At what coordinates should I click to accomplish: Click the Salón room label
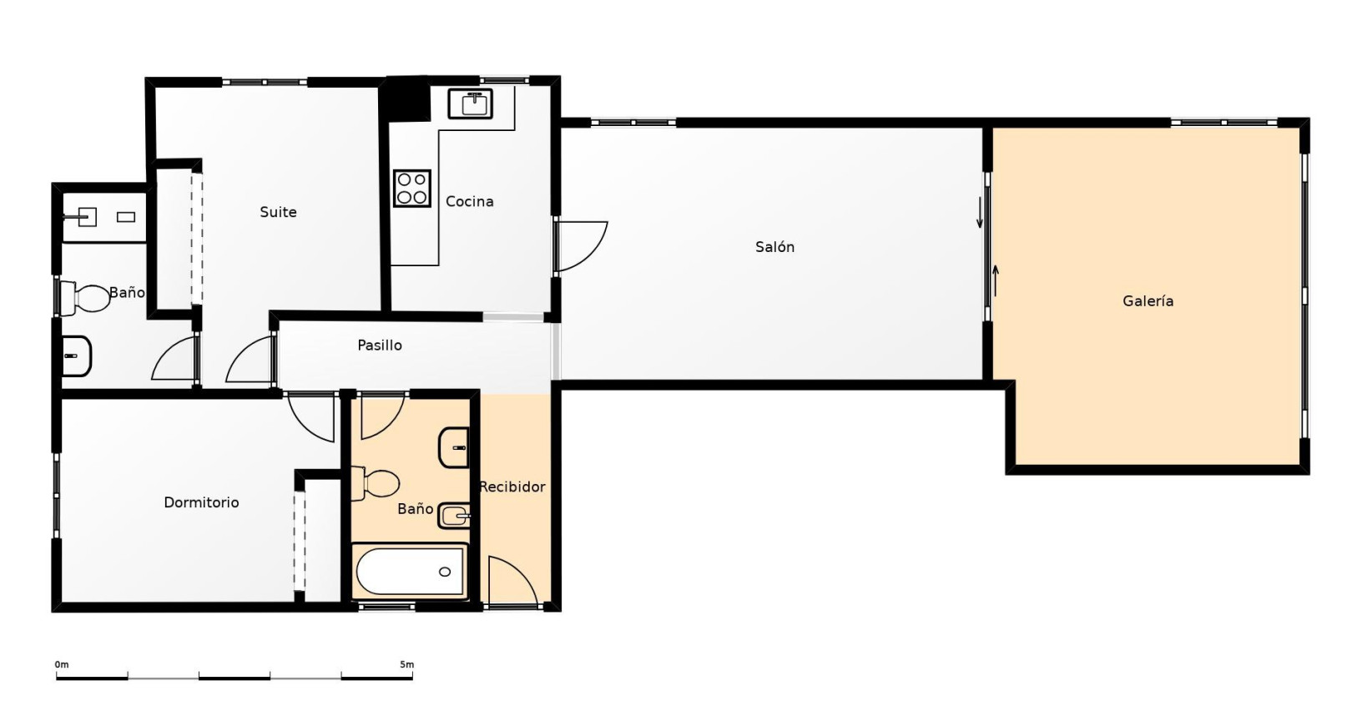pos(774,247)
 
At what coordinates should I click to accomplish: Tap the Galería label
pos(1148,300)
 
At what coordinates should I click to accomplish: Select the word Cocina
pos(469,201)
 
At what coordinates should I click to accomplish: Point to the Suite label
pos(278,212)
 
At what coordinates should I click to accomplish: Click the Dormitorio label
pos(201,502)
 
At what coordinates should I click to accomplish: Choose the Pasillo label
pos(380,345)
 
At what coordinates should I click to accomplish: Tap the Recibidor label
pos(512,487)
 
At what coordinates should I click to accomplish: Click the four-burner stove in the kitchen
pos(412,188)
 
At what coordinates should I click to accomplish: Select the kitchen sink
pos(471,103)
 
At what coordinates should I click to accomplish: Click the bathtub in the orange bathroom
pos(410,571)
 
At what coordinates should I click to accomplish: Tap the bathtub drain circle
pos(445,572)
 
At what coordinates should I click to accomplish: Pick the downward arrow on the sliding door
pos(980,212)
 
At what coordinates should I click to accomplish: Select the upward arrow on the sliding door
pos(996,280)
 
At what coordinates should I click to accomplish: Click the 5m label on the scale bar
pos(407,664)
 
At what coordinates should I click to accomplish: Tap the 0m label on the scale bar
pos(62,664)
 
